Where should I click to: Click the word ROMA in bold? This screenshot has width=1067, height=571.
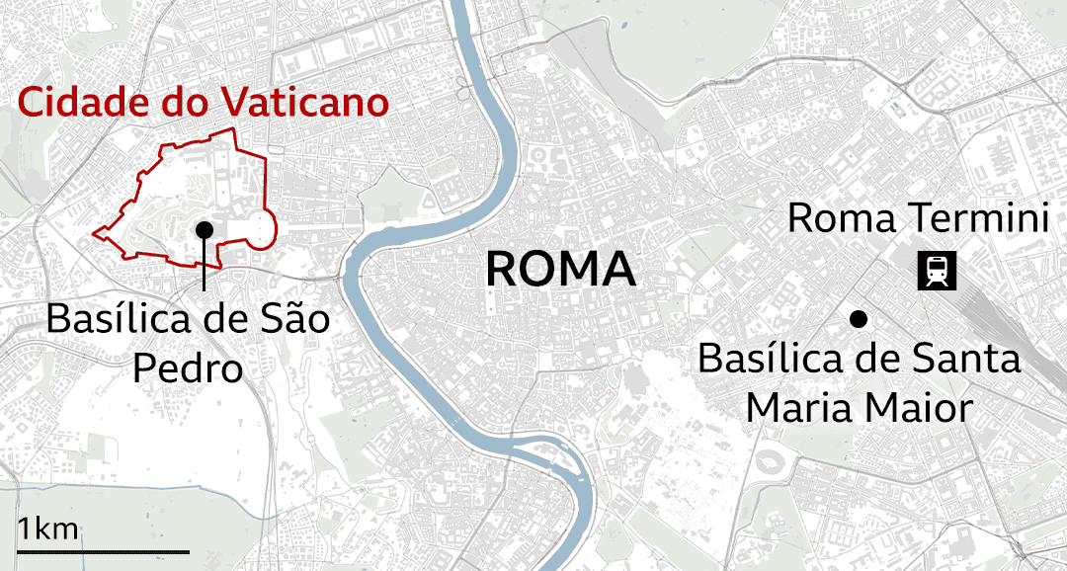(x=560, y=270)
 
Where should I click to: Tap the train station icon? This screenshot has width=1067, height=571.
(x=937, y=271)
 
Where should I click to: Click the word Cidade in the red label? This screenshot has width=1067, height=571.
(x=81, y=103)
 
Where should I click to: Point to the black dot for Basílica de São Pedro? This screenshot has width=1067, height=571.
(x=205, y=229)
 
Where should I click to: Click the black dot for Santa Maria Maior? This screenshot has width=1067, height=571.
(x=859, y=319)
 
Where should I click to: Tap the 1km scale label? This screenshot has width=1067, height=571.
(x=47, y=529)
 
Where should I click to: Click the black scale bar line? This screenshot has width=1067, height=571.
(x=103, y=550)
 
